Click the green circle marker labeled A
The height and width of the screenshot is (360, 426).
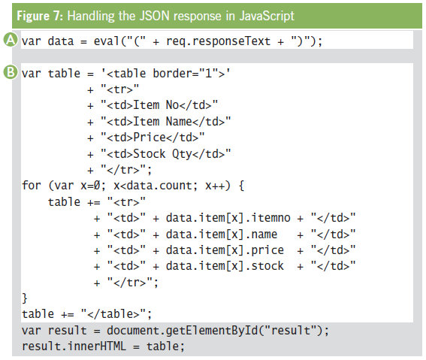(11, 40)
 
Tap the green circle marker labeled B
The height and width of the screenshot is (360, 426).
(11, 72)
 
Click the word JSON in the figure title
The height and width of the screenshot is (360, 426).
(154, 16)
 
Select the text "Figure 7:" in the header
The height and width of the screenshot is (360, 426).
(40, 16)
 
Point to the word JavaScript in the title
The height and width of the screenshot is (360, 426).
(267, 16)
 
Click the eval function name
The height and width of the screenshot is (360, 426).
(107, 41)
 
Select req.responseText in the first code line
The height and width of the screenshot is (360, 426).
(218, 41)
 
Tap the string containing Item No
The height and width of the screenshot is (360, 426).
(159, 105)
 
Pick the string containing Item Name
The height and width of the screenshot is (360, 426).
(166, 122)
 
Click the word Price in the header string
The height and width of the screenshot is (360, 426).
(150, 138)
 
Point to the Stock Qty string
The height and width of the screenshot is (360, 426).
(166, 154)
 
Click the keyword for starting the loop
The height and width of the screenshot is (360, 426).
(32, 186)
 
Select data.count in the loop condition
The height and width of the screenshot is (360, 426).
(159, 186)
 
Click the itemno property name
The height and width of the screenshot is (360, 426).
(270, 218)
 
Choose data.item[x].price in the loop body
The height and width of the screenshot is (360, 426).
(225, 250)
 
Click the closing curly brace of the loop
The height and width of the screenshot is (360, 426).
(25, 298)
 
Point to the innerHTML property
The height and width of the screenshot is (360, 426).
(97, 346)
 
